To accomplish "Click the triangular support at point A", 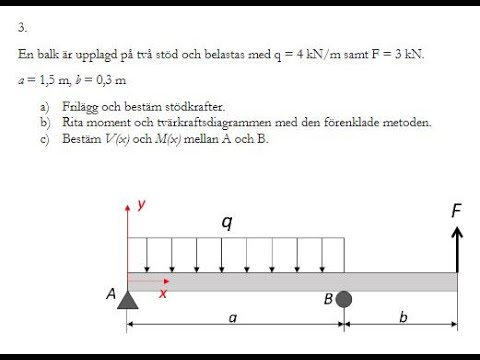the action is click(127, 299).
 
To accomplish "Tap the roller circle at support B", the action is click(344, 299).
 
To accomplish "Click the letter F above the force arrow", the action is click(457, 211).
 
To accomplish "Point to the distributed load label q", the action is click(227, 221).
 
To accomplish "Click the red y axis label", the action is click(142, 204).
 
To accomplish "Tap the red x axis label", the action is click(162, 293).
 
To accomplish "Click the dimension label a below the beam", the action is click(232, 318).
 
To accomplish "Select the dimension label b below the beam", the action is click(403, 318).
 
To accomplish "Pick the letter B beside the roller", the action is click(328, 298).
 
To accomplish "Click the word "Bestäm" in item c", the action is click(80, 138).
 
